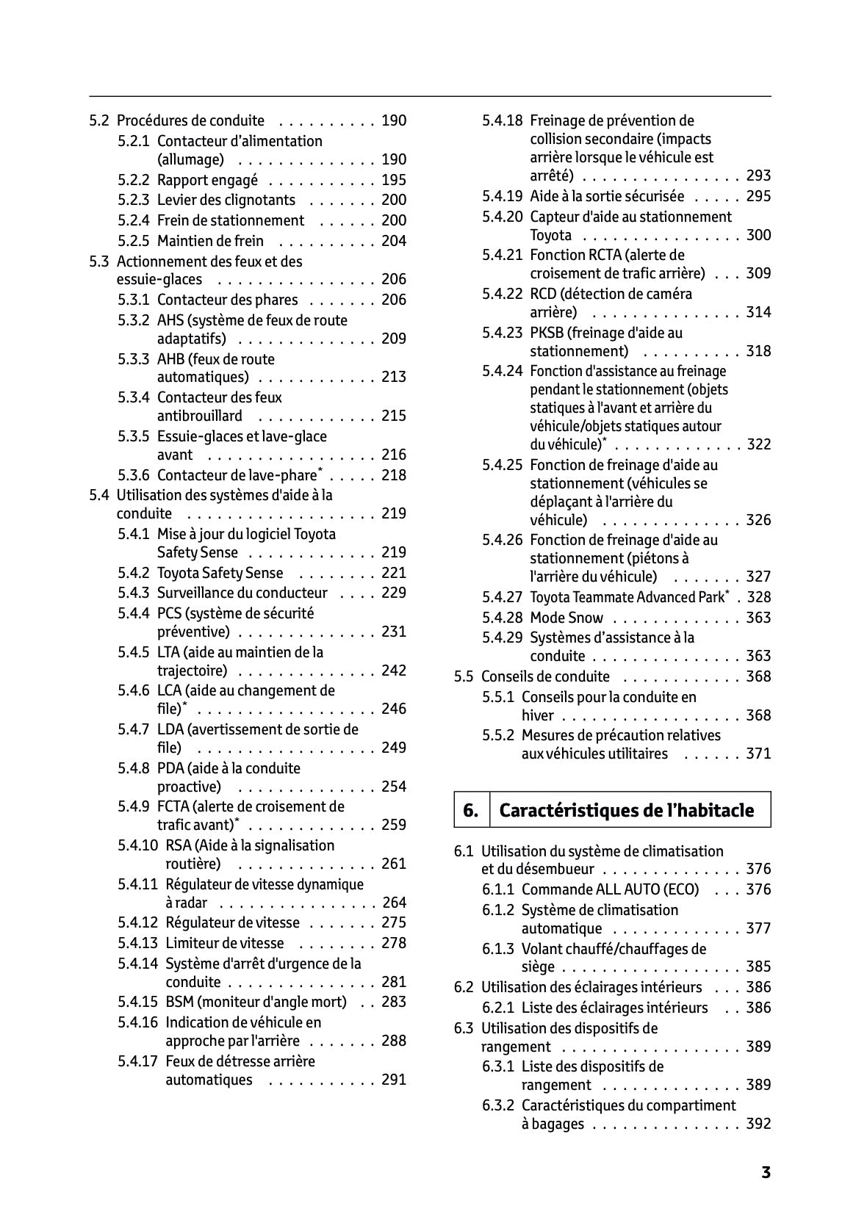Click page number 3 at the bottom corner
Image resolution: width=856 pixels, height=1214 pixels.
pos(766,1172)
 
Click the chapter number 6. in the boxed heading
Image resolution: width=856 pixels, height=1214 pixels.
pos(471,810)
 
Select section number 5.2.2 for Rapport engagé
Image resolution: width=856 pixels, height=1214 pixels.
pos(134,180)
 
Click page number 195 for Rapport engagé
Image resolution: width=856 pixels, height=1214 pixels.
pos(394,180)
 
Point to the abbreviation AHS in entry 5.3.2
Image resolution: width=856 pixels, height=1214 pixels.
pos(170,320)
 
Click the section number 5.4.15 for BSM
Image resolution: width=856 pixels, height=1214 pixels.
pos(137,1002)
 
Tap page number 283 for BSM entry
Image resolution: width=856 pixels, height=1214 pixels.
pos(394,1002)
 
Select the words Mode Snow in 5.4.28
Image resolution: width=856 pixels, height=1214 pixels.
pos(567,618)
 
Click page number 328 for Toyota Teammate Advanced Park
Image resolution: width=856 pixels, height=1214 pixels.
pos(758,597)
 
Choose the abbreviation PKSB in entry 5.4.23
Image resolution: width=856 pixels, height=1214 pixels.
pos(547,333)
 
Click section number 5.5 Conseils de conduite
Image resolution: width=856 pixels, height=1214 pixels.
pos(464,676)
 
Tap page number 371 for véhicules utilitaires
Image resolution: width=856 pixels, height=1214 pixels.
pos(758,754)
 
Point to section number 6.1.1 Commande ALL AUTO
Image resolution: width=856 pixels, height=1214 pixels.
pos(498,889)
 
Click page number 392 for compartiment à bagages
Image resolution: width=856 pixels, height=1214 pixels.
pos(758,1124)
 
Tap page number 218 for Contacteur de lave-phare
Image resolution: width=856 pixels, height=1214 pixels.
pos(394,475)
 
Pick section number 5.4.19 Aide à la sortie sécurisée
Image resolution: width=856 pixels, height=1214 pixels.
pos(503,196)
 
